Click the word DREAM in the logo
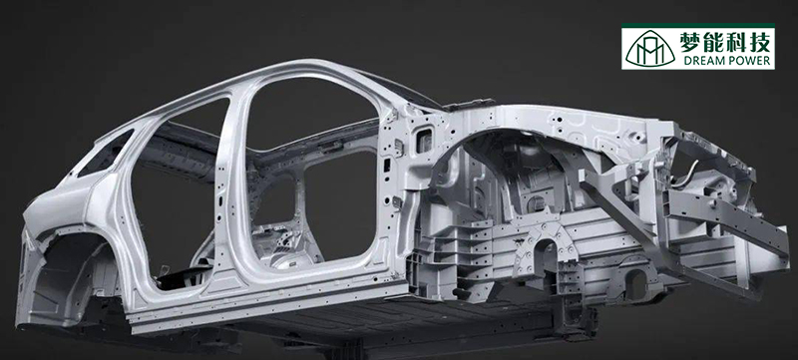(x=702, y=61)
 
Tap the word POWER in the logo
(x=748, y=61)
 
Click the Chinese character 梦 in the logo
(x=692, y=40)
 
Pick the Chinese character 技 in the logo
(x=759, y=40)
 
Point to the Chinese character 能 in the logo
(x=714, y=40)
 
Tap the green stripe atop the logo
(x=697, y=25)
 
